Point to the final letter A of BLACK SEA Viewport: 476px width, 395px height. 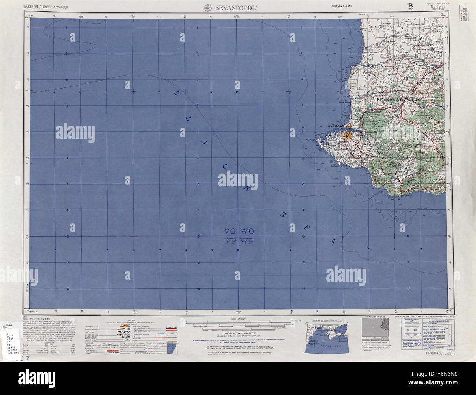(332, 241)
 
